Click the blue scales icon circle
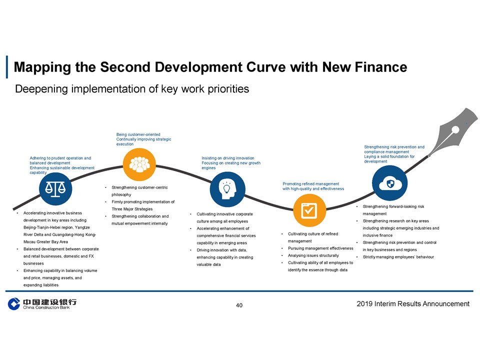pos(55,189)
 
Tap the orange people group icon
pos(139,164)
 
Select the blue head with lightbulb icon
pos(227,189)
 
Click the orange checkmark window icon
pos(309,210)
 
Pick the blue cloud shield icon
pos(389,183)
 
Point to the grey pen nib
pos(453,131)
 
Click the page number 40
pos(239,305)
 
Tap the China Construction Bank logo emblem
pos(14,303)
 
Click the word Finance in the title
pos(381,67)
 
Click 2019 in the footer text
pos(364,303)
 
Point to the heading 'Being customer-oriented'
pos(138,134)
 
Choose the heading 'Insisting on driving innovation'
pos(228,158)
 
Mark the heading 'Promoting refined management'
pos(310,183)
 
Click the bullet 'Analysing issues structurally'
pos(313,255)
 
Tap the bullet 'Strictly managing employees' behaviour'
pos(398,257)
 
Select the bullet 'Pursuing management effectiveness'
pos(320,248)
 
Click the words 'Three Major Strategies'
pos(132,209)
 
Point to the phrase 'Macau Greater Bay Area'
pos(45,241)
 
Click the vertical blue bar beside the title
pos(6,67)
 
